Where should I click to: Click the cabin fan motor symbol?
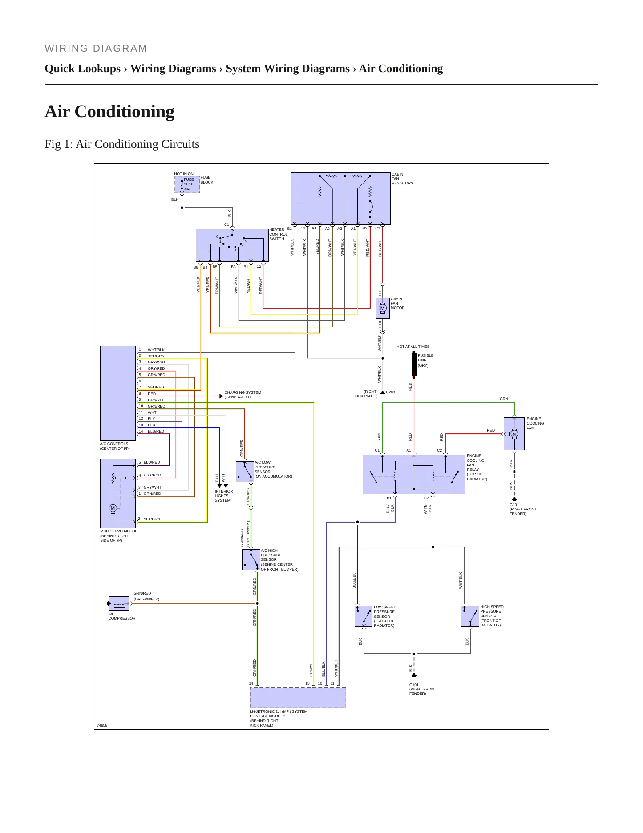click(x=382, y=308)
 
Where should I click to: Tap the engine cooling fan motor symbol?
click(x=514, y=434)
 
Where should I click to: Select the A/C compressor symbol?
click(x=119, y=604)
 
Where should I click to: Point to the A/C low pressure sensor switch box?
click(x=245, y=472)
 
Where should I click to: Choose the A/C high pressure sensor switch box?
click(x=251, y=560)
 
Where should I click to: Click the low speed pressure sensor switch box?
click(x=364, y=616)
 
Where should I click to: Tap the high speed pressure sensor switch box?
click(x=470, y=616)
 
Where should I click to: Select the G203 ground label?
click(x=390, y=392)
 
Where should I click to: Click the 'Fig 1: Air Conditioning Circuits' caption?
click(x=122, y=144)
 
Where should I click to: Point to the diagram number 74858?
click(x=102, y=725)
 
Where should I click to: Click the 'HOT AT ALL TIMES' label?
click(x=413, y=347)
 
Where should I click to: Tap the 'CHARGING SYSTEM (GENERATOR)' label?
click(x=243, y=395)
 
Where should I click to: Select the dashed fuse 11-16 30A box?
click(x=187, y=184)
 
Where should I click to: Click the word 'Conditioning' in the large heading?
click(x=125, y=111)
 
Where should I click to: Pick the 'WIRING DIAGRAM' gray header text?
click(x=96, y=49)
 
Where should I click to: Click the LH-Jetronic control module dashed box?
click(x=298, y=698)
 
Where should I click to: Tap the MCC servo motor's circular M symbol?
click(x=113, y=508)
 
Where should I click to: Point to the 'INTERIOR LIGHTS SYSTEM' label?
click(x=224, y=496)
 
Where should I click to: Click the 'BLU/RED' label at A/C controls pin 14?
click(x=156, y=431)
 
